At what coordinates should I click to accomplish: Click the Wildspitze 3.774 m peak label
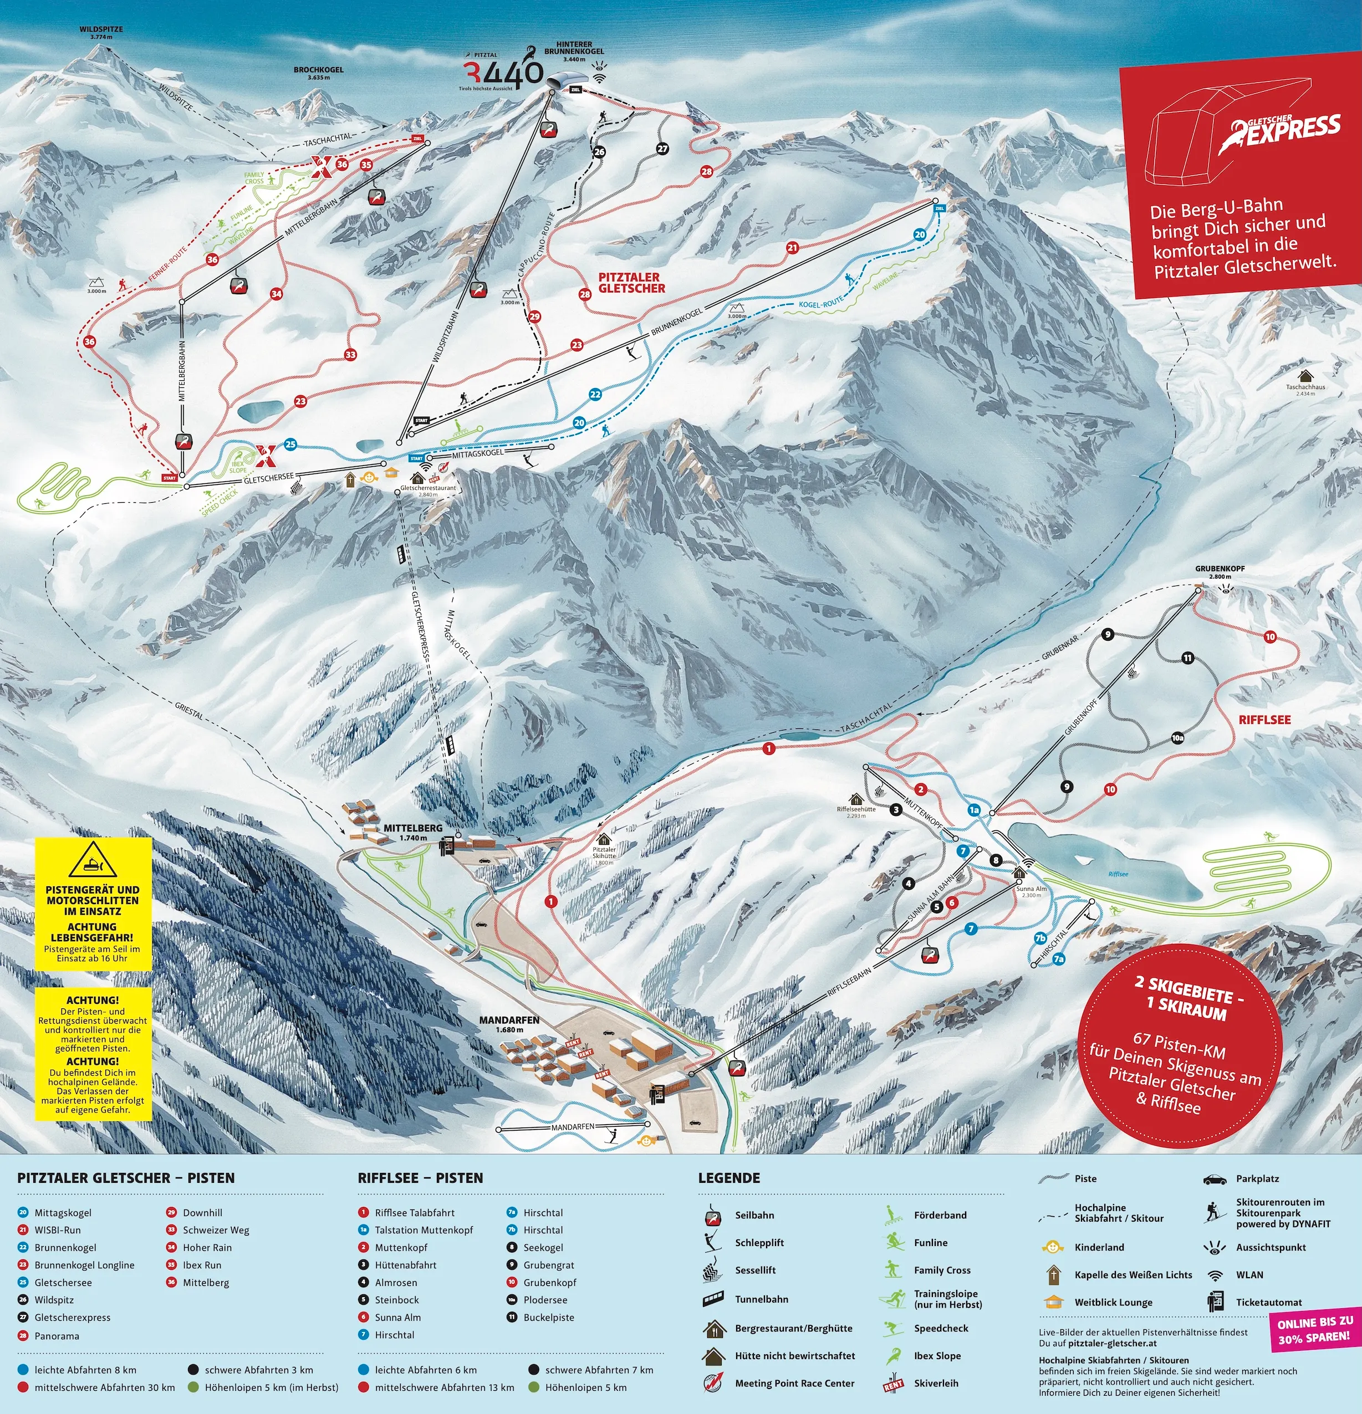(101, 33)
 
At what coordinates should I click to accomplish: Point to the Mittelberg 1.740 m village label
(412, 833)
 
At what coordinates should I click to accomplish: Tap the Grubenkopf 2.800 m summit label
(1219, 572)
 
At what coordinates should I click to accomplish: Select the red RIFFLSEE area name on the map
(1264, 719)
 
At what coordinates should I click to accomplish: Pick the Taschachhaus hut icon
(1305, 376)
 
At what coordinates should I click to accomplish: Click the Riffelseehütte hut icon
(855, 799)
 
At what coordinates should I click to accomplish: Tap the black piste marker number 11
(1187, 657)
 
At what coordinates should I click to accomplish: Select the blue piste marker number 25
(290, 445)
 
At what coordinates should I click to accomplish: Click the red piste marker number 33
(350, 354)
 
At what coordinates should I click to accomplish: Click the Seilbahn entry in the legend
(754, 1215)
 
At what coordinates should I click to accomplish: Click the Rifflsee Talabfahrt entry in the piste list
(414, 1213)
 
